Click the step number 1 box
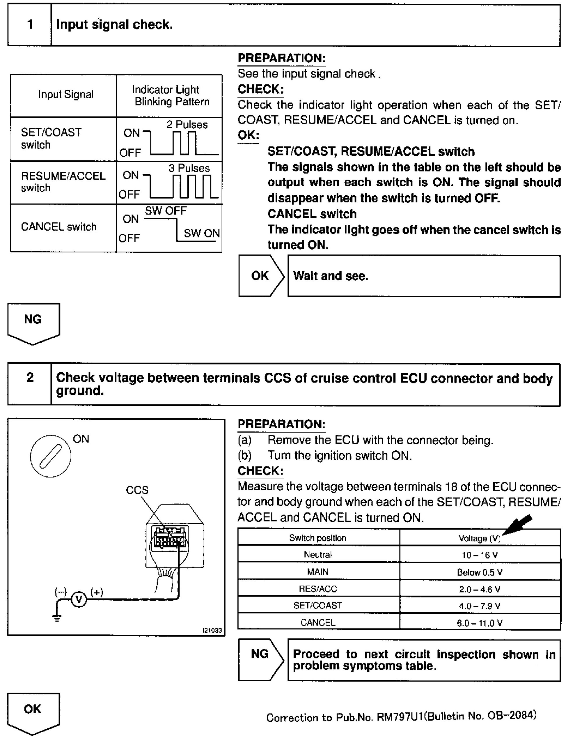30,25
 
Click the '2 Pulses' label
187,125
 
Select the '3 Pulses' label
189,168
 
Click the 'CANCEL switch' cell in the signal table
59,227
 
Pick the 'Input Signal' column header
66,95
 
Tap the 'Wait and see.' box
424,276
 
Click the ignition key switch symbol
51,456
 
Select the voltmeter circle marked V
79,599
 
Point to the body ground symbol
57,618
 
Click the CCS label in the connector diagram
137,490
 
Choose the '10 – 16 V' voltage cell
480,555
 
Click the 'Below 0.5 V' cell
480,572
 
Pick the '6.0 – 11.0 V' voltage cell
480,623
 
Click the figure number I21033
212,630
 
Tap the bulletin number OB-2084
512,715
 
